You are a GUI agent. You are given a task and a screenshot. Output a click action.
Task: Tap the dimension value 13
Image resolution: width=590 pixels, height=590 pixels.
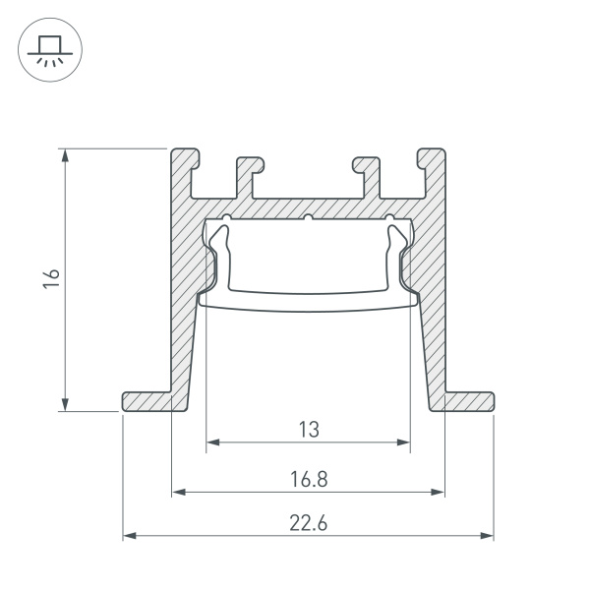point(308,429)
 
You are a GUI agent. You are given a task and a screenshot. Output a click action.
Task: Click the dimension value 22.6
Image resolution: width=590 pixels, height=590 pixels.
point(308,523)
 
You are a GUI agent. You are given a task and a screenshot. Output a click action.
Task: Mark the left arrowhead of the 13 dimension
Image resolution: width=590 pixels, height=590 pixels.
point(210,443)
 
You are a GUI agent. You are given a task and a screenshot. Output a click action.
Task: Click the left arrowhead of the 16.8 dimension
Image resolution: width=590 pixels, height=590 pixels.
point(177,492)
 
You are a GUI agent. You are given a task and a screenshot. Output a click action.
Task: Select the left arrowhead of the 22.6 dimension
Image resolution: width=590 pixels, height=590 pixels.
point(128,536)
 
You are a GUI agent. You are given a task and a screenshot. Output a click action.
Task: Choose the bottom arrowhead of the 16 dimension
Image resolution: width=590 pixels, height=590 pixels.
point(65,406)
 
